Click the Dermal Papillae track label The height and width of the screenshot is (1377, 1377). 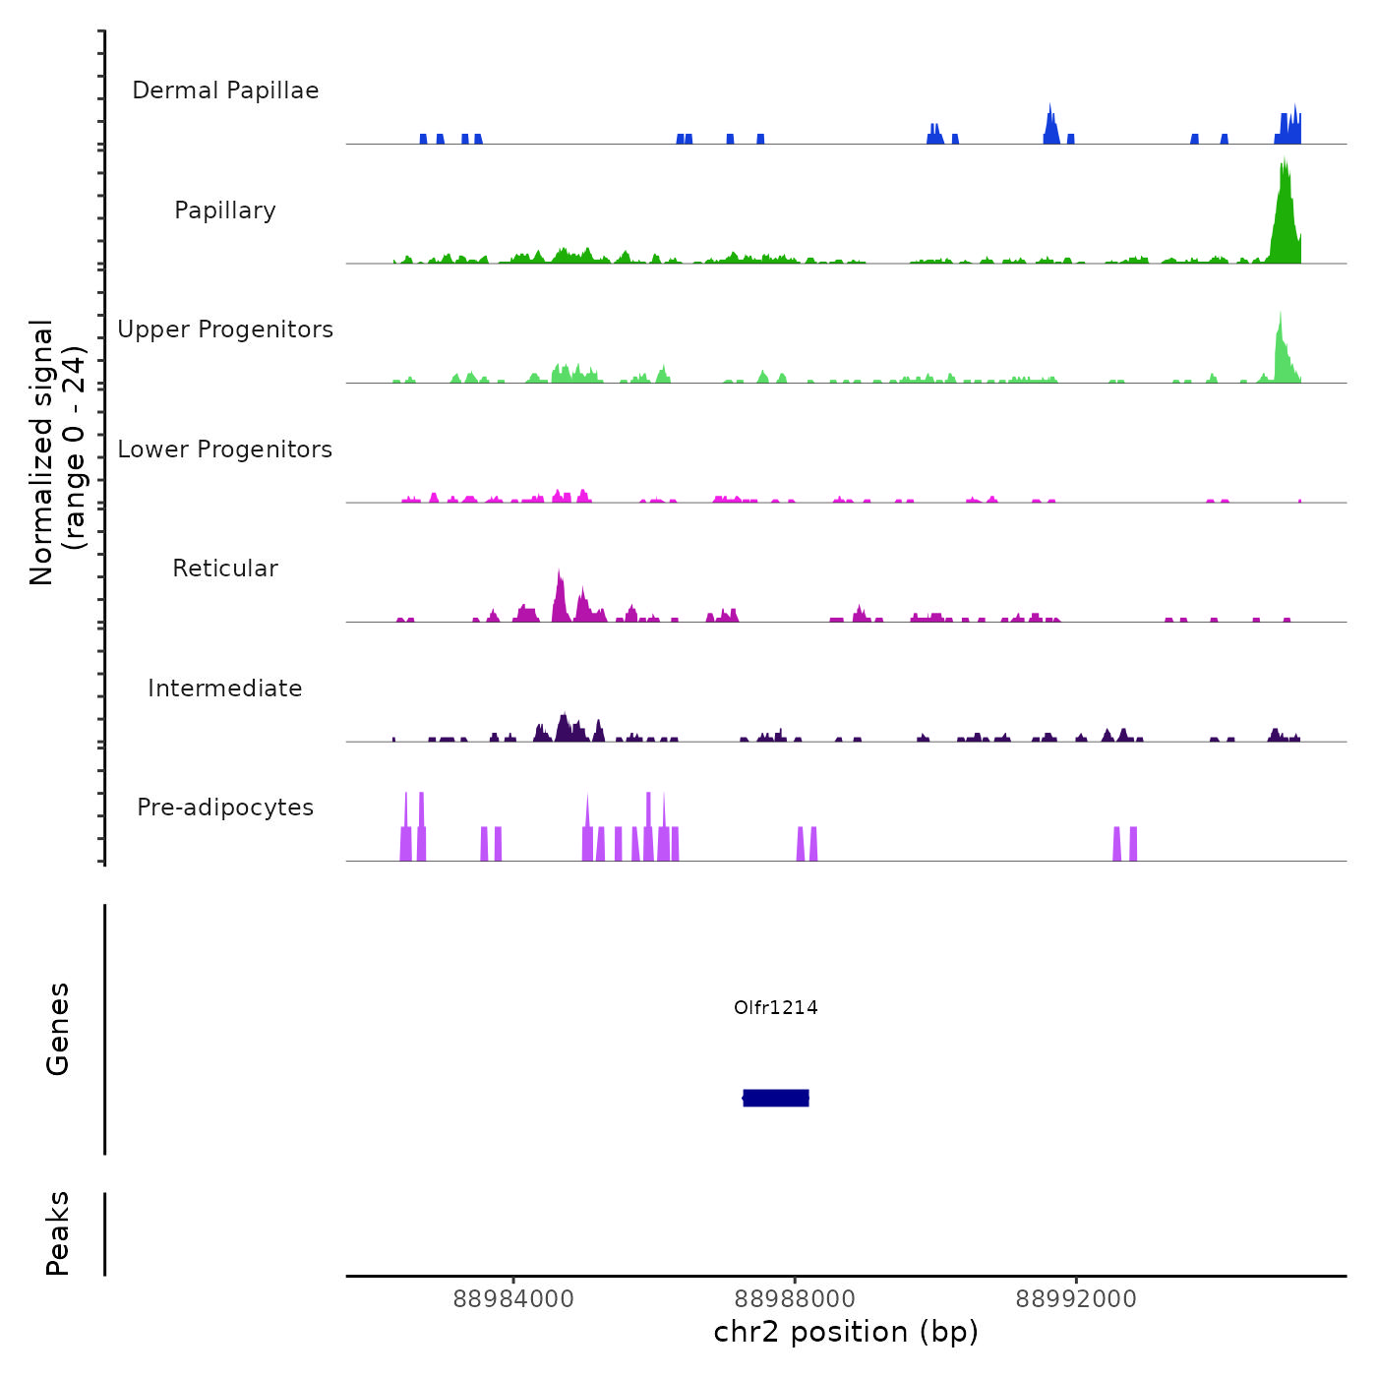point(225,90)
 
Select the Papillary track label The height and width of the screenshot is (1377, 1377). point(225,210)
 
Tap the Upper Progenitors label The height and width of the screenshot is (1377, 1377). point(225,329)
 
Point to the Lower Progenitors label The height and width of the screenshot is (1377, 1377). point(225,449)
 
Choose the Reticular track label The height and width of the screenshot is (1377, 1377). point(225,569)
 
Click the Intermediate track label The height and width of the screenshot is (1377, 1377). point(225,688)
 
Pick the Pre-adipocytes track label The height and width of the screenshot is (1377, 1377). point(225,808)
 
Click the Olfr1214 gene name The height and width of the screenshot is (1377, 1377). point(775,1007)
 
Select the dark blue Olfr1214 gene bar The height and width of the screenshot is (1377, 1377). point(776,1098)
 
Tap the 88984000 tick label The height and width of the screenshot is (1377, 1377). point(513,1299)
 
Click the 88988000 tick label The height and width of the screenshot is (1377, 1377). point(795,1299)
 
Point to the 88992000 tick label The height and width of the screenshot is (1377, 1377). point(1076,1299)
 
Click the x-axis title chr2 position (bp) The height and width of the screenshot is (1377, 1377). point(846,1333)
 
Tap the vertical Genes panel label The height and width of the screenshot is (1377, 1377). point(58,1029)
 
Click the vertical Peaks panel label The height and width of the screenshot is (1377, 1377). point(58,1233)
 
